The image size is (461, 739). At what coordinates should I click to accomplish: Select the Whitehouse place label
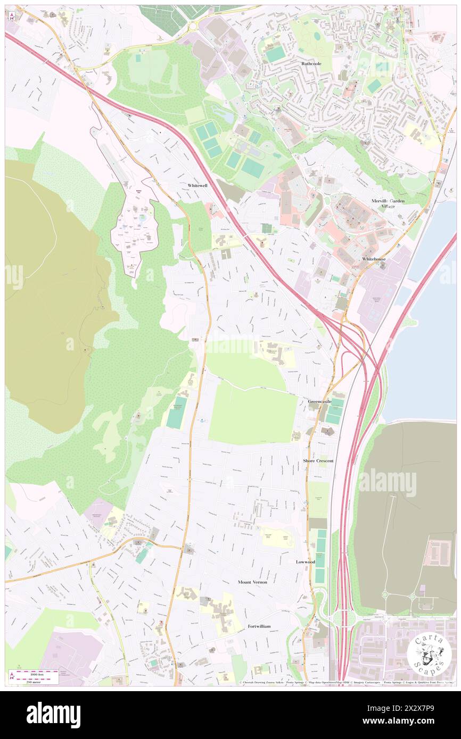pos(374,259)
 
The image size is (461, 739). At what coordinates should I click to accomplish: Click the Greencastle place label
pos(319,401)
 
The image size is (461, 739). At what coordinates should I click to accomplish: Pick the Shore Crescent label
pos(318,461)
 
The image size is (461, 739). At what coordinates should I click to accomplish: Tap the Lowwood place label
pos(306,562)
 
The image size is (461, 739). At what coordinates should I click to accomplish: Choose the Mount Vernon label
pos(252,582)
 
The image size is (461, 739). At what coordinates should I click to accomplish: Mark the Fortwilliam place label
pos(259,626)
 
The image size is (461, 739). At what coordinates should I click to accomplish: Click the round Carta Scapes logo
pos(429,654)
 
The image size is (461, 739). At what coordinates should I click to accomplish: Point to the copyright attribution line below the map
pos(346,683)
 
